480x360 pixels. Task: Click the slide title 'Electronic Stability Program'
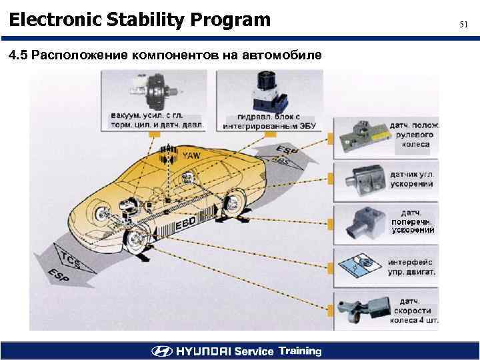(140, 20)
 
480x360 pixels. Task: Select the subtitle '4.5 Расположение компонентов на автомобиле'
(165, 55)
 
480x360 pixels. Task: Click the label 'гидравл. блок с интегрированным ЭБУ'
(269, 121)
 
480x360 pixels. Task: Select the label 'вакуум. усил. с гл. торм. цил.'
(157, 119)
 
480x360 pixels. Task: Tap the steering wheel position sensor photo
(361, 138)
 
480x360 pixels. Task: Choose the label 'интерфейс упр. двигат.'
(412, 267)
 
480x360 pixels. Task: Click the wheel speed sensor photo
(363, 310)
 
